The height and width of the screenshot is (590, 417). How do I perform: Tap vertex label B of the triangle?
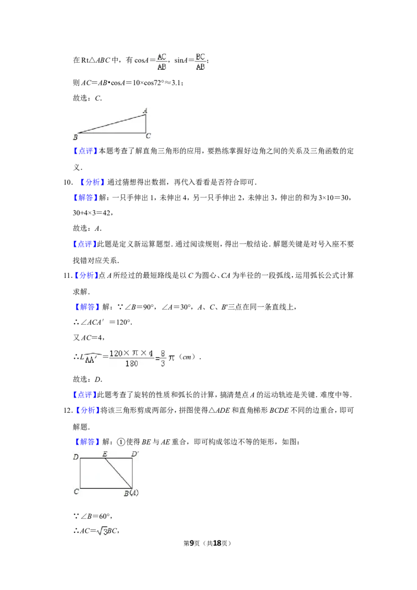(76, 137)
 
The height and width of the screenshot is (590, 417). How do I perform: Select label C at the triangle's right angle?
(148, 137)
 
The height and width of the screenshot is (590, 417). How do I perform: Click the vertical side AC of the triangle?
(145, 124)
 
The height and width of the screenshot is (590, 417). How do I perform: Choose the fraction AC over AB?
(162, 61)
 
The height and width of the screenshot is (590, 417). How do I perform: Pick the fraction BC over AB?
(200, 61)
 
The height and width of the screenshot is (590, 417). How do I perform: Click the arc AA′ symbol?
(93, 359)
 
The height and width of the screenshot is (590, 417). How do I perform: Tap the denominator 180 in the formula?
(131, 364)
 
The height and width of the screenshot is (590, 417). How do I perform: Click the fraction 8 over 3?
(162, 358)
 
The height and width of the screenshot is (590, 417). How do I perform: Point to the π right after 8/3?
(172, 359)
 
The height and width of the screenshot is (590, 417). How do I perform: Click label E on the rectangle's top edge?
(105, 454)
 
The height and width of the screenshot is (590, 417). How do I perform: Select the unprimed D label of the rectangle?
(76, 458)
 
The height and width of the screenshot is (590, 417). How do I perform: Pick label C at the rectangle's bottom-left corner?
(76, 491)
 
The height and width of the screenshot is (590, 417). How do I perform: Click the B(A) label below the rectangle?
(131, 493)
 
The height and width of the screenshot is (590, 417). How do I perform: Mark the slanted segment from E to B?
(118, 473)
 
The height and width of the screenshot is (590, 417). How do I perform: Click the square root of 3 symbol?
(102, 532)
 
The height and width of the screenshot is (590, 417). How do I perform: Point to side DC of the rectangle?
(80, 473)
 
